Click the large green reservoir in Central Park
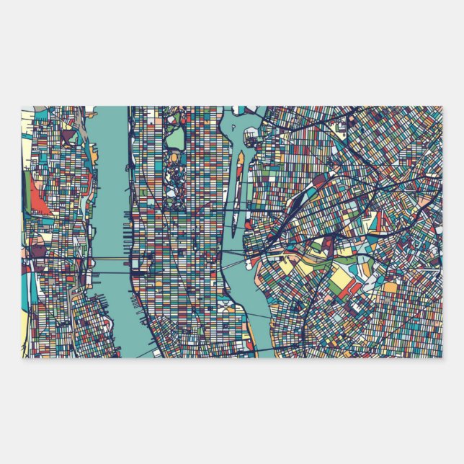(x=176, y=137)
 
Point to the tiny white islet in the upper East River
(x=251, y=134)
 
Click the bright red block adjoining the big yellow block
(x=353, y=288)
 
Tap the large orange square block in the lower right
(x=390, y=287)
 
